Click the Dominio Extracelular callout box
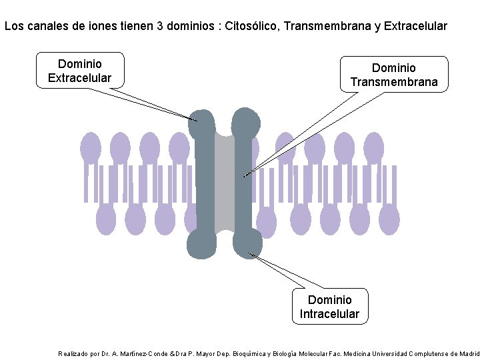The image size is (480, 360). click(x=80, y=71)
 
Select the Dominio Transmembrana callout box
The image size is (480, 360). click(x=394, y=75)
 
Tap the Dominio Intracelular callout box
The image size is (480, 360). click(x=329, y=307)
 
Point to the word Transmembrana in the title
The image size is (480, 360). click(x=327, y=27)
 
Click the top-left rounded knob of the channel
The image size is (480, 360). click(x=201, y=123)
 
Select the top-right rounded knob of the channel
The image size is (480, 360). click(x=245, y=123)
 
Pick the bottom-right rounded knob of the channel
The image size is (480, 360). click(x=247, y=243)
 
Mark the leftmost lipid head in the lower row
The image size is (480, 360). click(x=106, y=219)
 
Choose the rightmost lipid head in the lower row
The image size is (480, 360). click(x=389, y=219)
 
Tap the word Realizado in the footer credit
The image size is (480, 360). click(x=73, y=354)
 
